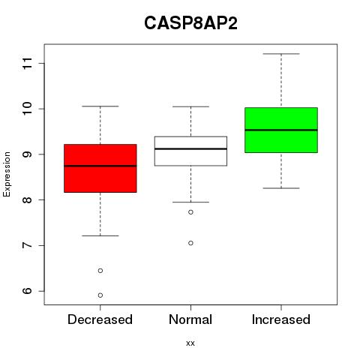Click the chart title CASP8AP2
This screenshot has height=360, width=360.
point(190,22)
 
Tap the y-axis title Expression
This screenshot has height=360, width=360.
point(7,174)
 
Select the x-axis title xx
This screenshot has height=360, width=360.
point(190,343)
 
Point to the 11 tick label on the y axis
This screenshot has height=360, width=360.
point(27,63)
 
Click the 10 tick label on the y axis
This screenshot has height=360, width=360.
point(27,109)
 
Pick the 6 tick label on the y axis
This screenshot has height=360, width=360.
point(27,291)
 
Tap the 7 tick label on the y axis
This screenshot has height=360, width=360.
point(27,245)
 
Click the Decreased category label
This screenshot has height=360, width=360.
point(100,319)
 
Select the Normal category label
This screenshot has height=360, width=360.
point(190,319)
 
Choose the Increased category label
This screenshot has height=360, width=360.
point(281,319)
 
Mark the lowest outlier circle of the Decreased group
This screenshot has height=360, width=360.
point(100,295)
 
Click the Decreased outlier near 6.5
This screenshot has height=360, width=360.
point(100,271)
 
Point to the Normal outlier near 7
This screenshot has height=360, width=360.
point(190,243)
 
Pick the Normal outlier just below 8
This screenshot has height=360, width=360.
point(190,212)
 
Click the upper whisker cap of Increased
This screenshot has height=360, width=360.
point(281,54)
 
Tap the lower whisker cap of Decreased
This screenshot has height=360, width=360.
point(100,235)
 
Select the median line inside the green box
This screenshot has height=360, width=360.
point(281,130)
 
